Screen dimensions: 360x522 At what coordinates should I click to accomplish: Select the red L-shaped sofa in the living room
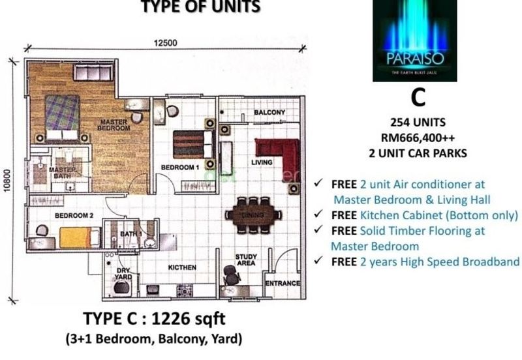click(x=279, y=155)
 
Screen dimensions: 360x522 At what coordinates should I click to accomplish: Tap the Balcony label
click(x=269, y=113)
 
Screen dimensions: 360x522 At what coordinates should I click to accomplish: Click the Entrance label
click(x=283, y=283)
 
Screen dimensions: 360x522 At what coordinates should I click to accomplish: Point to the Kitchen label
click(x=182, y=267)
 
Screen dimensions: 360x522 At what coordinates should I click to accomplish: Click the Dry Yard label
click(x=124, y=273)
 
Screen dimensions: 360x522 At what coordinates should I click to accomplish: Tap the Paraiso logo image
click(x=414, y=40)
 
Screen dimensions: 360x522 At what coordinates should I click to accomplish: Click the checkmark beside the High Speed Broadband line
click(x=318, y=261)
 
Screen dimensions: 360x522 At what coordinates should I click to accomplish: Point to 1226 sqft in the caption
click(x=194, y=320)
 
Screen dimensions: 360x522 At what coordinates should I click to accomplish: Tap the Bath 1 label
click(x=130, y=233)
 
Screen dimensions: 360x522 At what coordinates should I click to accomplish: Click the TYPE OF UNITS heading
click(x=201, y=7)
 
